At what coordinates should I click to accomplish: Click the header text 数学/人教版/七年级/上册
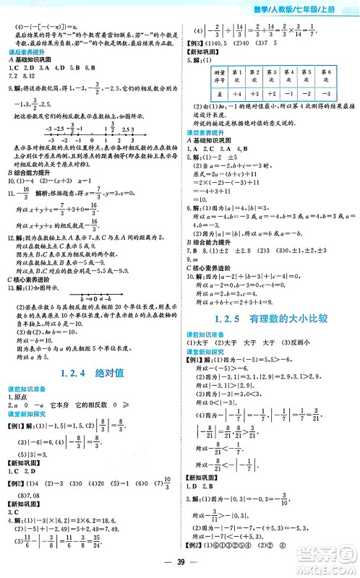point(311,8)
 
